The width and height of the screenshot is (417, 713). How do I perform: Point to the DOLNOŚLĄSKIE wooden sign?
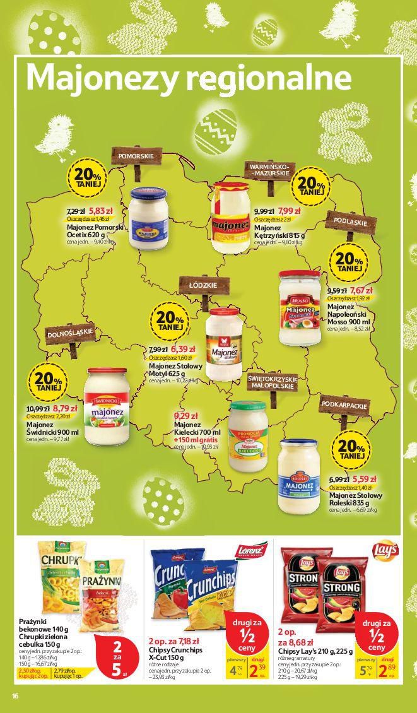pos(69,333)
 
